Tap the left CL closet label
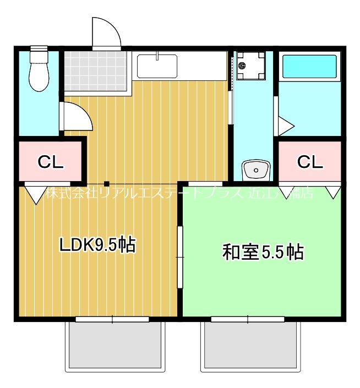coord(51,162)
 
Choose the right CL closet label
coord(310,162)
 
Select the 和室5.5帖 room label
coord(263,253)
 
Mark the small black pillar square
coord(107,184)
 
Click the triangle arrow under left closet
coord(35,194)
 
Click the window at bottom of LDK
coord(112,319)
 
